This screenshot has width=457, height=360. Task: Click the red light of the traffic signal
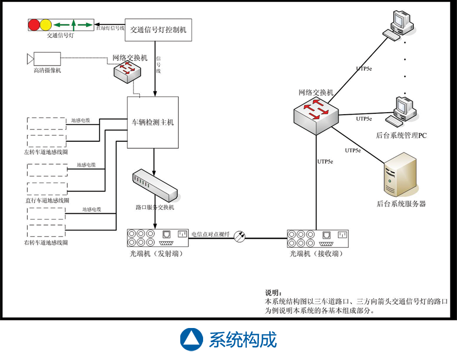34,24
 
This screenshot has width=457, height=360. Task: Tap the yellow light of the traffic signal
45,24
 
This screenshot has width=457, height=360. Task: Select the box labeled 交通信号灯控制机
158,30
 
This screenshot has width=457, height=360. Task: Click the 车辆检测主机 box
153,122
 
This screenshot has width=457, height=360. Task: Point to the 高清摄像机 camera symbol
45,59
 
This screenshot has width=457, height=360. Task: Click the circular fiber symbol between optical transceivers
240,236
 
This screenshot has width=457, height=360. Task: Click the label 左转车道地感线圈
46,152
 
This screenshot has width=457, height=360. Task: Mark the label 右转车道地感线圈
46,243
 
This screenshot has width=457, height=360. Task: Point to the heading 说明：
273,293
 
